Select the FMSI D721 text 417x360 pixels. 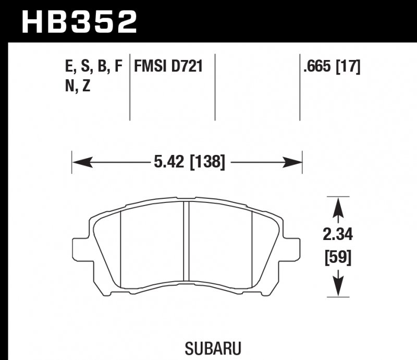click(x=168, y=67)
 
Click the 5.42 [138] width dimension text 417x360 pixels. click(x=189, y=163)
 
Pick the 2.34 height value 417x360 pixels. click(x=338, y=235)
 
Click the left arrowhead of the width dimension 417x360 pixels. click(x=78, y=163)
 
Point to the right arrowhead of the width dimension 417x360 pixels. click(x=296, y=163)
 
